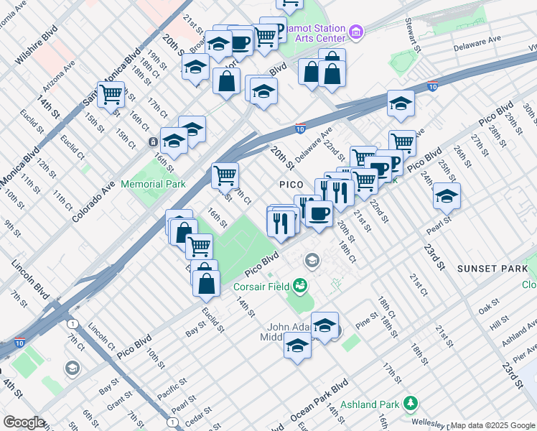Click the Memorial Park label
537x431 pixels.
coord(154,185)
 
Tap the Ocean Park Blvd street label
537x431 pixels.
coord(319,401)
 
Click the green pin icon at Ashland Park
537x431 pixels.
coord(410,402)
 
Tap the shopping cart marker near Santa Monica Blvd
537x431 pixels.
coord(111,94)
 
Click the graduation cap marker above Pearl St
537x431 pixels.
coord(447,195)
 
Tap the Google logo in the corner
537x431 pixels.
coord(24,422)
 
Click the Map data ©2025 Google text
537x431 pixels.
coord(492,425)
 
